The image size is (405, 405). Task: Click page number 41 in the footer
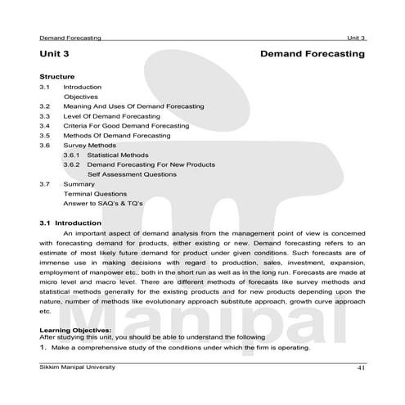coord(360,368)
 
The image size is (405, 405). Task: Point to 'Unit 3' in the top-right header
coord(355,38)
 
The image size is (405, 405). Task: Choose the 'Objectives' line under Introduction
coord(81,97)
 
